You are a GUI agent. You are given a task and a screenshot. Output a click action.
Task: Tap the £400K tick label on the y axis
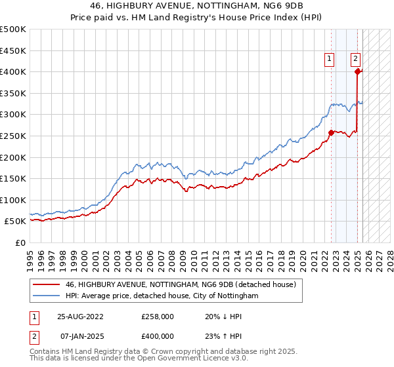[x=13, y=71]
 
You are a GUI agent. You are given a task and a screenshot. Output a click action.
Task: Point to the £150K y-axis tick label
[x=13, y=178]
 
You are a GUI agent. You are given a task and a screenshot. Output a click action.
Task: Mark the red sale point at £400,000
[x=358, y=71]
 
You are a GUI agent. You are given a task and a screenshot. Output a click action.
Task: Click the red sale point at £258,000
[x=331, y=132]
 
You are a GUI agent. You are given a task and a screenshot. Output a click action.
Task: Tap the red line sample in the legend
[x=46, y=284]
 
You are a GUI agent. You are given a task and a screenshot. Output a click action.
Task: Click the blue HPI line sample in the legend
[x=46, y=296]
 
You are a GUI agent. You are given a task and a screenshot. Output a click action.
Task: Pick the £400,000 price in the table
[x=158, y=336]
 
